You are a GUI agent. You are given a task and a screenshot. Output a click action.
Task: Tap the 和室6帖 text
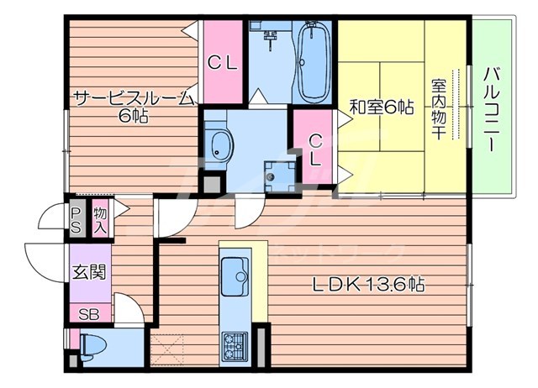[x=381, y=107]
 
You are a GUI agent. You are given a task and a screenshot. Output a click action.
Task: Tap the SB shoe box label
[x=88, y=315]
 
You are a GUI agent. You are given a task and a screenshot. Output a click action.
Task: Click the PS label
[x=76, y=219]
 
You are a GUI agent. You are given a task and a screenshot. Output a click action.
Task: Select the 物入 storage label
[x=100, y=219]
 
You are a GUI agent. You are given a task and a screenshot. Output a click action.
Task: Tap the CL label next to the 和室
[x=314, y=149]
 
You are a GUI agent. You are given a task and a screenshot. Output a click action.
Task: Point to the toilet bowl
[x=93, y=345]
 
